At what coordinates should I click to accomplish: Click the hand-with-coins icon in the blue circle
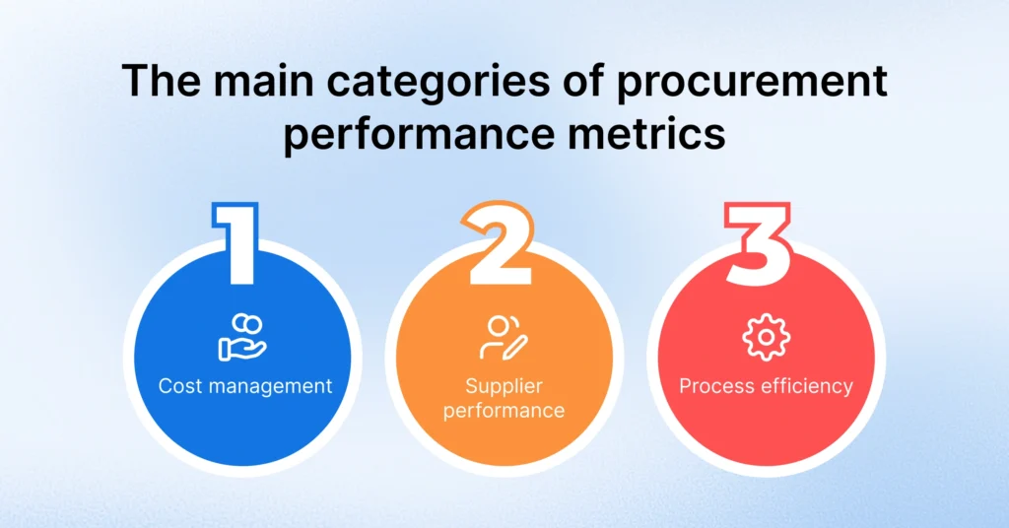point(242,336)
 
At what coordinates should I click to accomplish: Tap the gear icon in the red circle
point(766,338)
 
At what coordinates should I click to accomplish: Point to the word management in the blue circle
point(266,386)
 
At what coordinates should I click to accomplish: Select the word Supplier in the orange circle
point(504,385)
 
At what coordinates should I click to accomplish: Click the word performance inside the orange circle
point(504,410)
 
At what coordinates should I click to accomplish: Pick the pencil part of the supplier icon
point(515,346)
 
